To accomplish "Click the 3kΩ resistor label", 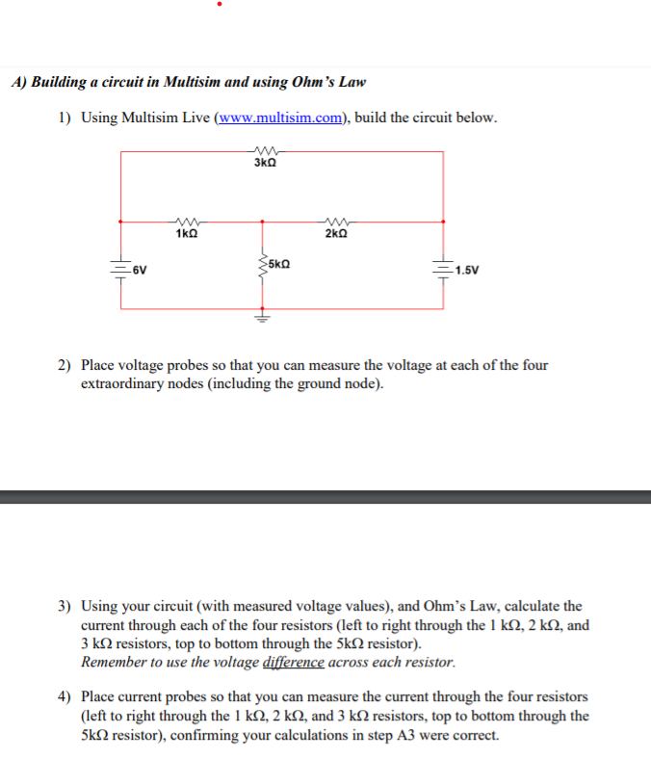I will coord(265,164).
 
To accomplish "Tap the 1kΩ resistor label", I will coord(187,234).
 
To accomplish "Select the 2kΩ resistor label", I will coord(336,234).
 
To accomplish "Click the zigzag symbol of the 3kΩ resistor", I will coord(265,151).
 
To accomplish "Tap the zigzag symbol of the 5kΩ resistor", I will coord(259,262).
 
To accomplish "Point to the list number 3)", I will coord(65,607).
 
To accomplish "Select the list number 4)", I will coord(65,696).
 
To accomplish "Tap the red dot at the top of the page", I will coord(221,5).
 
